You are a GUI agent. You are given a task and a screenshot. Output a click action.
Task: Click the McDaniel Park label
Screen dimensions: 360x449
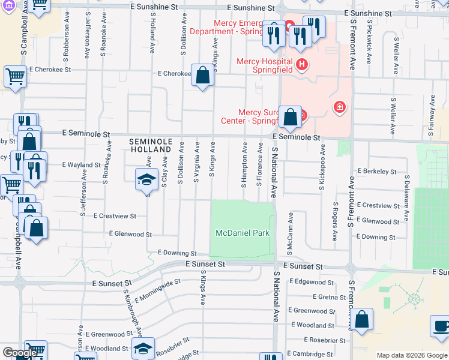[243, 233]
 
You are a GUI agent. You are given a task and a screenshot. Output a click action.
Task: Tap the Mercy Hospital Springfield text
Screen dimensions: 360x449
[264, 65]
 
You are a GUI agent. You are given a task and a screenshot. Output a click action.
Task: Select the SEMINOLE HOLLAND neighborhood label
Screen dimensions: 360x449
[151, 146]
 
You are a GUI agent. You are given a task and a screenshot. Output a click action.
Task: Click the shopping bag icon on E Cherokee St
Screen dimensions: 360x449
[203, 76]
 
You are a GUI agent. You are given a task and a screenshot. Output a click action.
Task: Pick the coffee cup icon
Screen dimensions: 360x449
[441, 326]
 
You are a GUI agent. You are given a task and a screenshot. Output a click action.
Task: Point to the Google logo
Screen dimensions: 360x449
[19, 353]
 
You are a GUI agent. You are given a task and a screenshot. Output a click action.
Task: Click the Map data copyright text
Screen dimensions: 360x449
[412, 355]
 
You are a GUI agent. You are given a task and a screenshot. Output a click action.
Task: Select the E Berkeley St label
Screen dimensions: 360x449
[376, 172]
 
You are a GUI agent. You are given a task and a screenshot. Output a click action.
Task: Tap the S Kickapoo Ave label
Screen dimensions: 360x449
[323, 167]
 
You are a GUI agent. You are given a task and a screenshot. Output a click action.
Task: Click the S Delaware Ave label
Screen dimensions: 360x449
[407, 196]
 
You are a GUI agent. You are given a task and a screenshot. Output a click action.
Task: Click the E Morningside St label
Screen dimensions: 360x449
[158, 290]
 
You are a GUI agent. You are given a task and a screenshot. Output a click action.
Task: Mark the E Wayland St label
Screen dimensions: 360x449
[81, 164]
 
